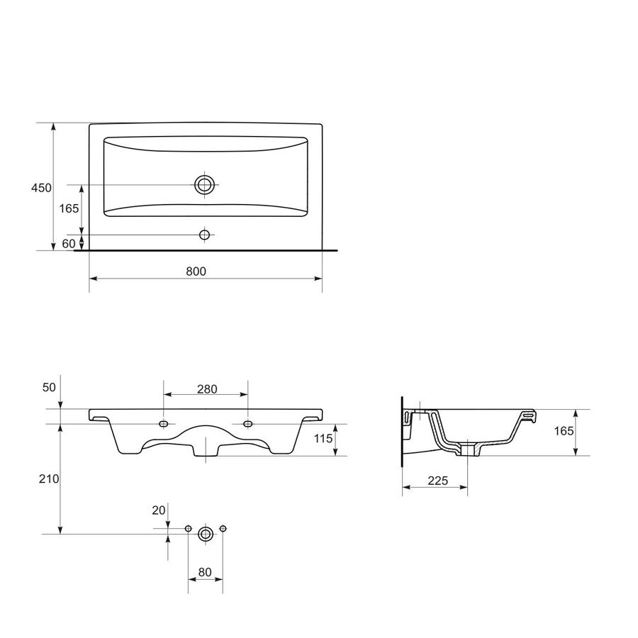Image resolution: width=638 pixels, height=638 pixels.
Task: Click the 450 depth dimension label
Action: click(x=42, y=188)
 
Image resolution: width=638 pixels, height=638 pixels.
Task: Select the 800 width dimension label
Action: click(x=196, y=272)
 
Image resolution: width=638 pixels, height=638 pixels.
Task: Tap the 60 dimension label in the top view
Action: click(x=69, y=243)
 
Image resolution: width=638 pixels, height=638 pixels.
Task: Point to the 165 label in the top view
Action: click(x=69, y=208)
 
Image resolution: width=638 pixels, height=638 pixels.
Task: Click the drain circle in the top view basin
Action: click(x=204, y=185)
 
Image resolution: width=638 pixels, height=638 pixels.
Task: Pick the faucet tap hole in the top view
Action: click(x=204, y=235)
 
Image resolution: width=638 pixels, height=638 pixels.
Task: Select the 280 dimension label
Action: click(x=207, y=389)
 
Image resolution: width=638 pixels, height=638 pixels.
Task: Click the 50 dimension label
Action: click(x=49, y=387)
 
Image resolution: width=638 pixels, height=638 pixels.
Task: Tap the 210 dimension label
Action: click(x=49, y=479)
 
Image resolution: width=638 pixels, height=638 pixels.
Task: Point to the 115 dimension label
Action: click(x=323, y=438)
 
